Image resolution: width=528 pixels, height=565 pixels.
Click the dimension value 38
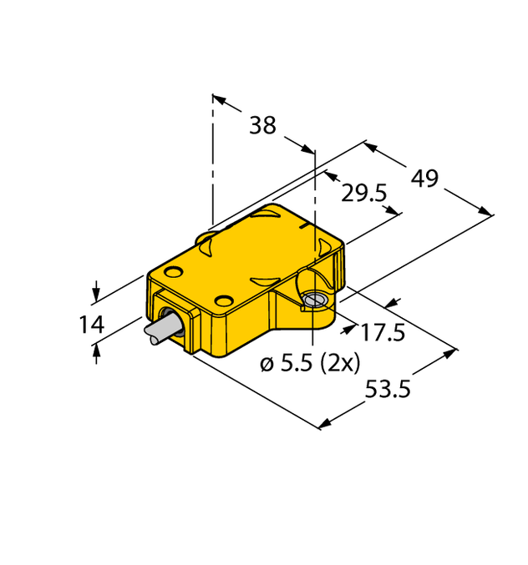(262, 126)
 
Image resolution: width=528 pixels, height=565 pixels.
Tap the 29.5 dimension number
(363, 194)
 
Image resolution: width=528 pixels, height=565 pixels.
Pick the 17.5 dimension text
(383, 333)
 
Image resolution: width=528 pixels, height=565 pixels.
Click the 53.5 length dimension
(389, 389)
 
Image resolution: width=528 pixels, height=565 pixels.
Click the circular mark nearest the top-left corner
(174, 271)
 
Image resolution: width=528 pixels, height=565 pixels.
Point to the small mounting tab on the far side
(206, 240)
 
